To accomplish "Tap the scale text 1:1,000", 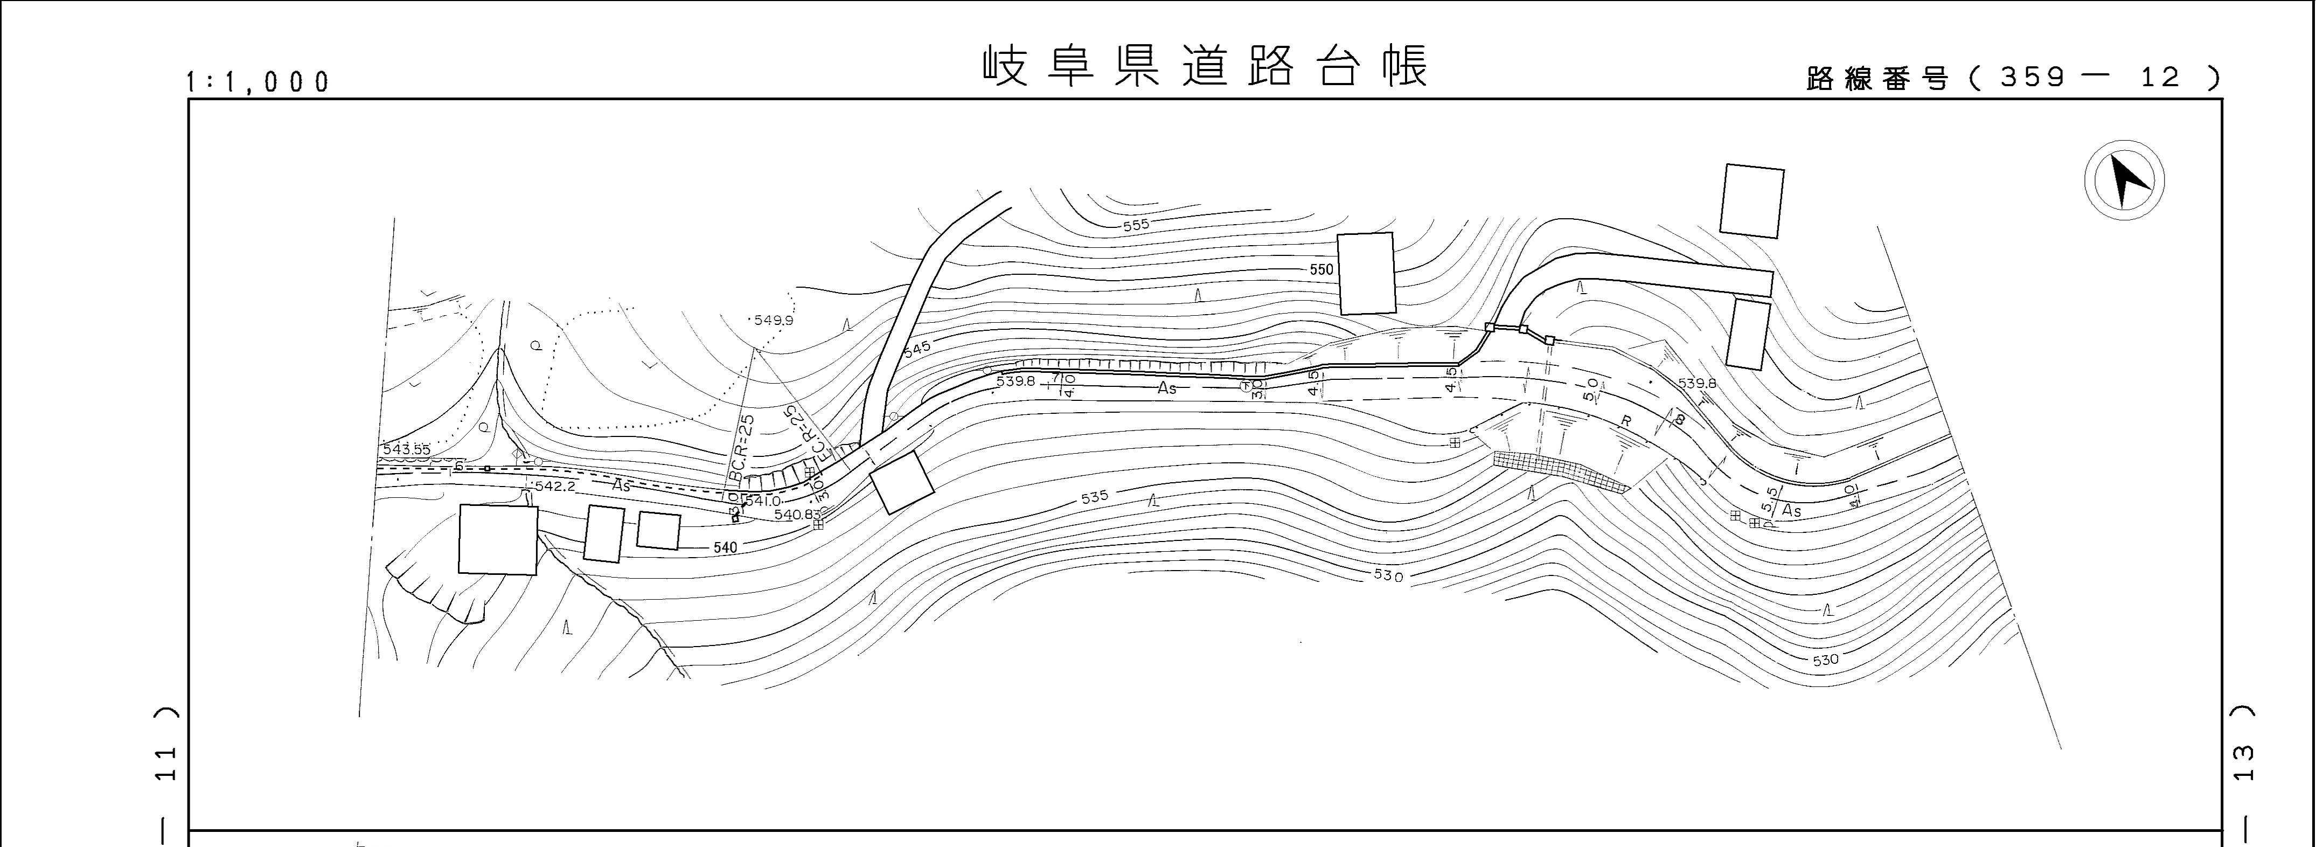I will pyautogui.click(x=258, y=82).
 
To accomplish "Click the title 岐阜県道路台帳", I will pyautogui.click(x=1205, y=66).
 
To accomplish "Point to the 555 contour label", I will pyautogui.click(x=1136, y=225).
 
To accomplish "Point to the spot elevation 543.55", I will pyautogui.click(x=406, y=449).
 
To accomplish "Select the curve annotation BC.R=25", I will pyautogui.click(x=742, y=449).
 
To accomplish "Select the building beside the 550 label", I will pyautogui.click(x=1367, y=273).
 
